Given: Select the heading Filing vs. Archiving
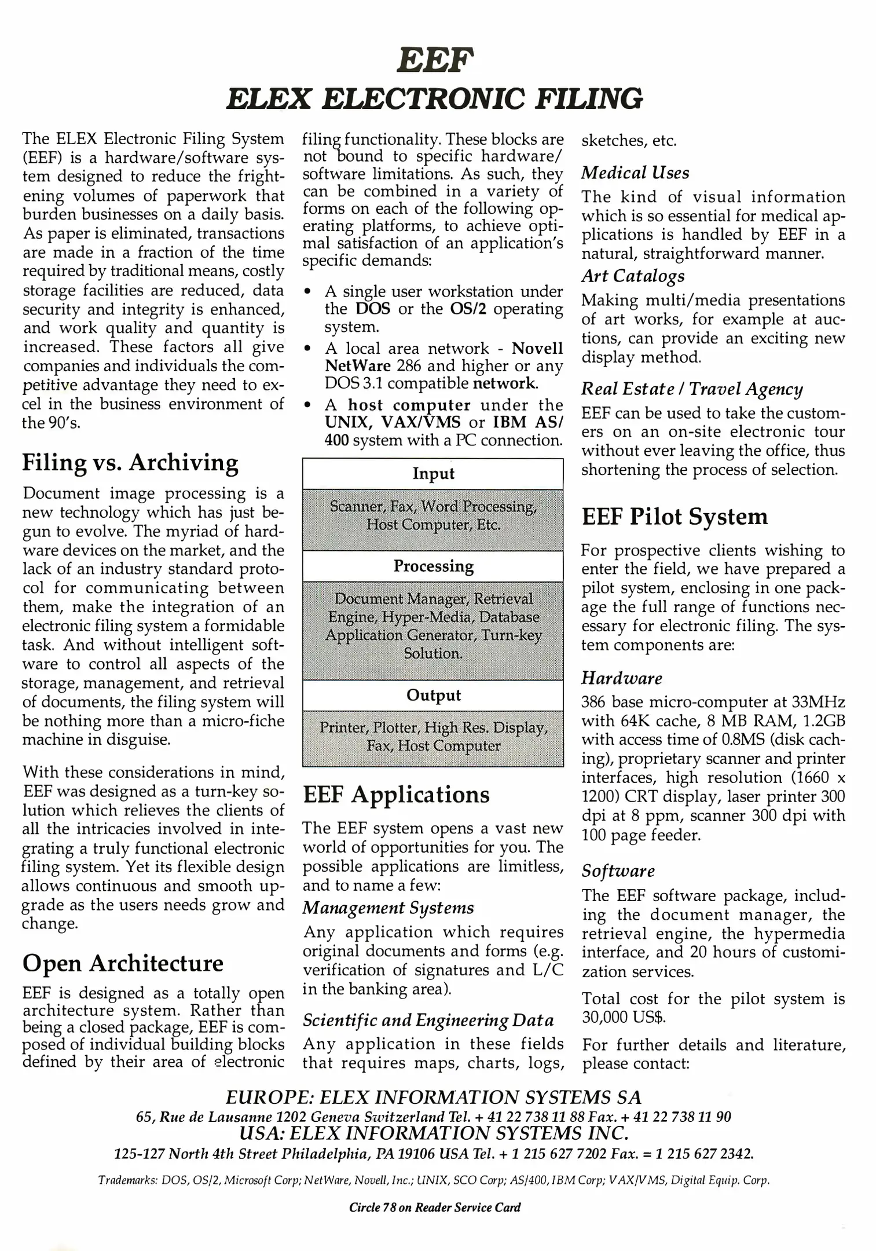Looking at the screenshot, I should pyautogui.click(x=130, y=463).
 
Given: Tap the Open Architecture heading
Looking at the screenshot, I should pyautogui.click(x=123, y=963).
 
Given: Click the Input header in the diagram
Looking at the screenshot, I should pyautogui.click(x=433, y=474).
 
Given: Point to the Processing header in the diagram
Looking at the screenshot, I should pyautogui.click(x=433, y=566).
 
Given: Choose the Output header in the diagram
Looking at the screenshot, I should pyautogui.click(x=433, y=695).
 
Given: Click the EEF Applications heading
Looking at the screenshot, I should pyautogui.click(x=396, y=795).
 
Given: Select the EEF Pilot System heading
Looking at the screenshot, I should pyautogui.click(x=675, y=517).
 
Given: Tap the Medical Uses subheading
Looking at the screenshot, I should pyautogui.click(x=635, y=173).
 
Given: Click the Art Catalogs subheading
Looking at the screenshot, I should pyautogui.click(x=633, y=276).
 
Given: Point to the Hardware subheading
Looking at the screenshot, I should pyautogui.click(x=622, y=678).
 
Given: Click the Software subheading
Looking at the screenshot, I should pyautogui.click(x=618, y=871).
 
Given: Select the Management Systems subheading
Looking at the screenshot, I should pyautogui.click(x=388, y=908).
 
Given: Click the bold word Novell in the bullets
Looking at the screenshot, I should pyautogui.click(x=537, y=348).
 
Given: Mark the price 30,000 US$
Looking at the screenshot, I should pyautogui.click(x=623, y=1017).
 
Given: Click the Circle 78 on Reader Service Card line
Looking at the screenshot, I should pyautogui.click(x=435, y=1207).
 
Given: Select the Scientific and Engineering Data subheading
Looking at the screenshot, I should pyautogui.click(x=428, y=1020).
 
